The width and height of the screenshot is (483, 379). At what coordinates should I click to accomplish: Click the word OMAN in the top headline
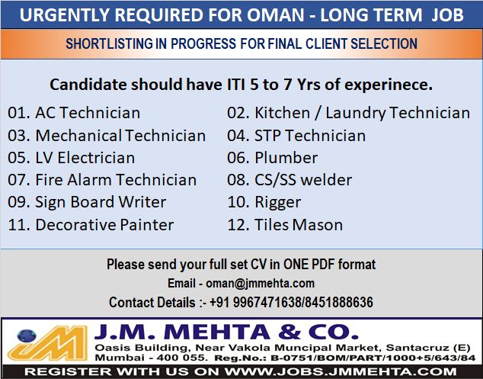click(276, 14)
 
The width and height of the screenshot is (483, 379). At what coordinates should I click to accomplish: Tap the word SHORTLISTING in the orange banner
click(110, 43)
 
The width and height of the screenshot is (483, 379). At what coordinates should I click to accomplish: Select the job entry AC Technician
click(88, 113)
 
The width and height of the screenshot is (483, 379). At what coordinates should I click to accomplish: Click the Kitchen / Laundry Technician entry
click(363, 113)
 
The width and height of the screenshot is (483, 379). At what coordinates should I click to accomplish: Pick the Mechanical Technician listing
click(120, 136)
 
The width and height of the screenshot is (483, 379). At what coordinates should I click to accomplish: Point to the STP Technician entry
click(310, 136)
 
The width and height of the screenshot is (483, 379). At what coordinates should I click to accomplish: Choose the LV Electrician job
click(85, 158)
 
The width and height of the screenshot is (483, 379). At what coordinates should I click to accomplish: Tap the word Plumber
click(286, 158)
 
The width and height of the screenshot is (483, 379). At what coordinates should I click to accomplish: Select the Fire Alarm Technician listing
click(116, 180)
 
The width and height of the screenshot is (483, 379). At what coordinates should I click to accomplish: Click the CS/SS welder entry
click(303, 180)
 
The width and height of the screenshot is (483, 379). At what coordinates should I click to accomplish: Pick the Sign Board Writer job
click(101, 203)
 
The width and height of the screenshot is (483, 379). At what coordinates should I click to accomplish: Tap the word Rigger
click(278, 203)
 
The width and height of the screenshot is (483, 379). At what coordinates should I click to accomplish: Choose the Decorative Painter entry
click(104, 225)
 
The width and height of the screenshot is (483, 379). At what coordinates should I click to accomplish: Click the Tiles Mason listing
click(299, 225)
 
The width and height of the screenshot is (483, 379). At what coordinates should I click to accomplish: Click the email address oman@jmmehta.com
click(260, 284)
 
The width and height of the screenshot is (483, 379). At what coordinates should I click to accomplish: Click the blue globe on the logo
click(27, 336)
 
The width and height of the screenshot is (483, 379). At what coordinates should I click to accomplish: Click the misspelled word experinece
click(389, 85)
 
